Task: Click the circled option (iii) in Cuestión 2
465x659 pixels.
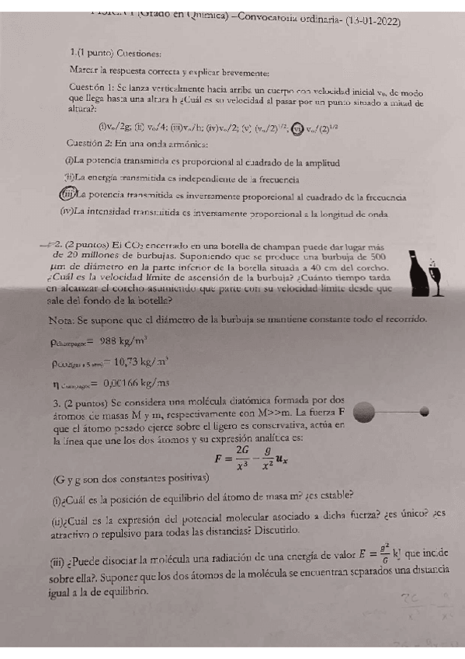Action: pyautogui.click(x=68, y=194)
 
